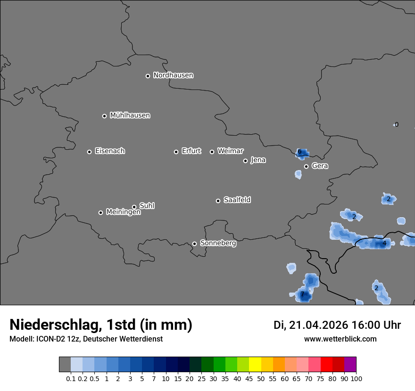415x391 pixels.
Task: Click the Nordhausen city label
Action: [x=173, y=75]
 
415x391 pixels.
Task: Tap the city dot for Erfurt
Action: [x=176, y=152]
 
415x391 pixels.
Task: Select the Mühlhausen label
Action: [x=130, y=115]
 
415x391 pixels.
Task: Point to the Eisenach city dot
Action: [x=89, y=152]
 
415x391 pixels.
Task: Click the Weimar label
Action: [x=230, y=151]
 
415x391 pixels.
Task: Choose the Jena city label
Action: [x=258, y=160]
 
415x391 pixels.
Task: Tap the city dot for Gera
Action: [x=306, y=166]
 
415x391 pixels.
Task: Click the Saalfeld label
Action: [x=237, y=200]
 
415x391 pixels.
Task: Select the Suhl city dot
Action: [x=134, y=207]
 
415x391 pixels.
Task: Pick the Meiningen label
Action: [x=123, y=212]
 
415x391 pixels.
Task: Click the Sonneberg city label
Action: [x=218, y=244]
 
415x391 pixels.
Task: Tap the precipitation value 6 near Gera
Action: [x=299, y=152]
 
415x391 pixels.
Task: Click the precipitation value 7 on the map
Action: [x=302, y=295]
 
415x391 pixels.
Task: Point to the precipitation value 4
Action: [x=384, y=244]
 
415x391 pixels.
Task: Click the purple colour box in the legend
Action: [x=350, y=365]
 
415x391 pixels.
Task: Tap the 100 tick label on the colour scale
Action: [x=356, y=378]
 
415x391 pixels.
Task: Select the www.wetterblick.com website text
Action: [x=340, y=339]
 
